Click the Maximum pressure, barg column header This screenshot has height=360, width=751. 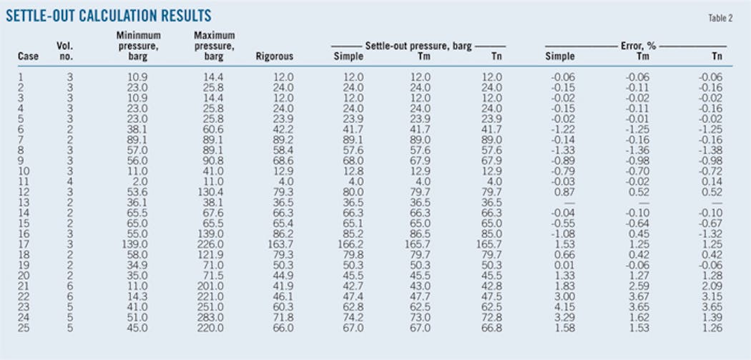pos(214,45)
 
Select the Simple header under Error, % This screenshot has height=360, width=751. pos(560,56)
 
